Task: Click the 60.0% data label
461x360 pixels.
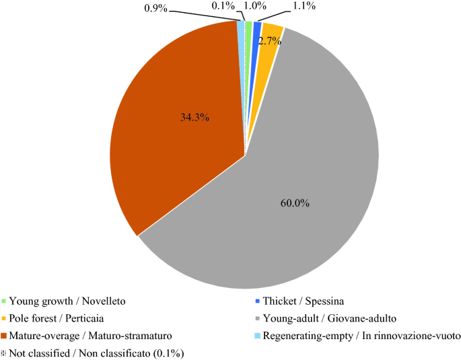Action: pyautogui.click(x=295, y=203)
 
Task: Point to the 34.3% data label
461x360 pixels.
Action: pyautogui.click(x=195, y=117)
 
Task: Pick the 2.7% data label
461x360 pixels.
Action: pyautogui.click(x=270, y=40)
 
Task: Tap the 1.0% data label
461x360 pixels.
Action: pyautogui.click(x=252, y=6)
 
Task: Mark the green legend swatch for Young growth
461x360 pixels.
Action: pyautogui.click(x=4, y=301)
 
